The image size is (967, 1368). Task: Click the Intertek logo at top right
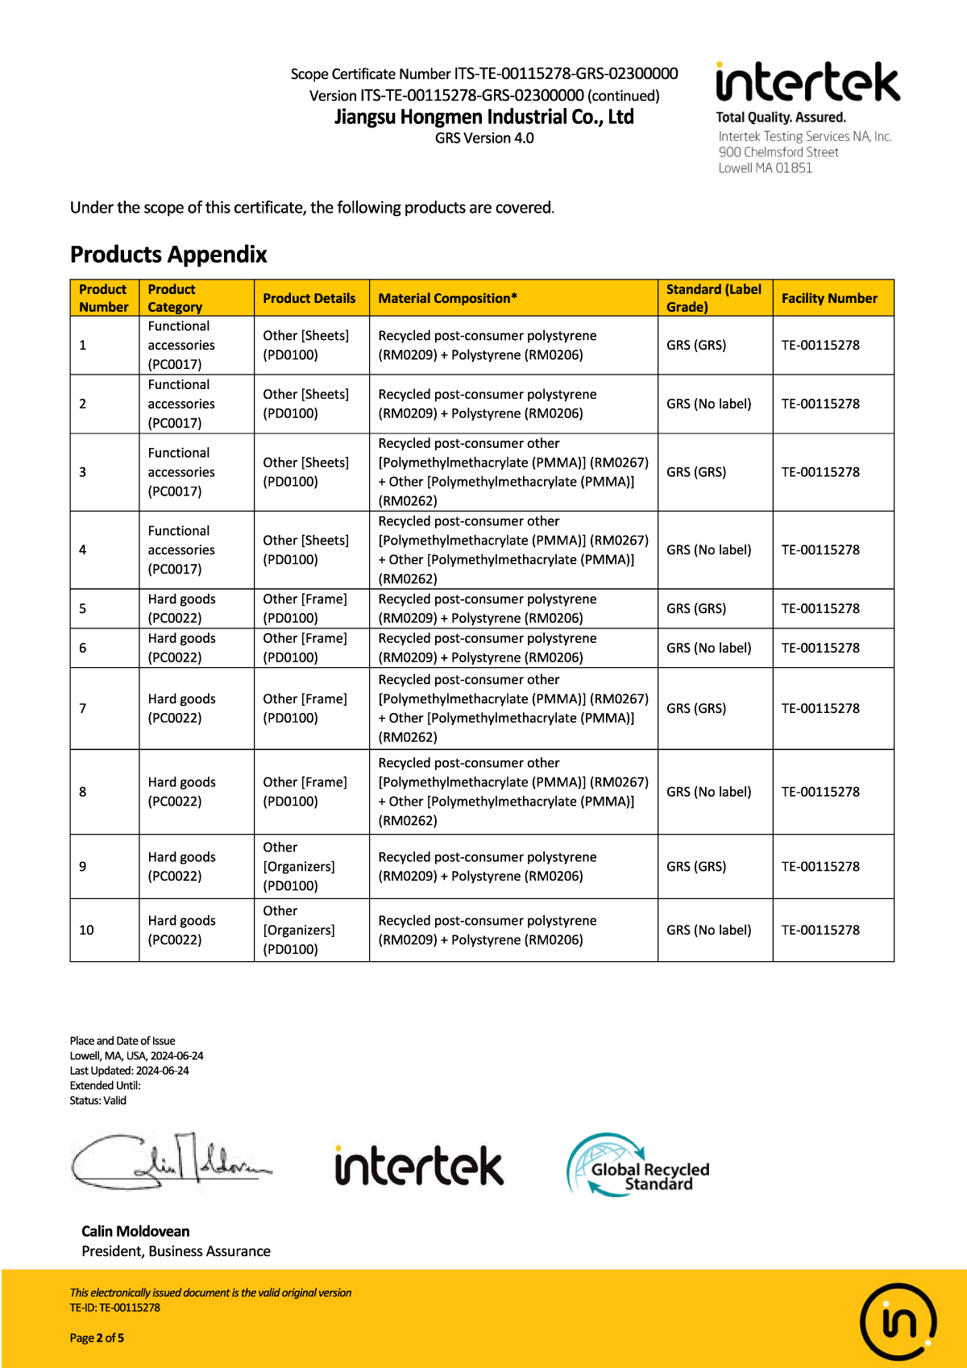[807, 82]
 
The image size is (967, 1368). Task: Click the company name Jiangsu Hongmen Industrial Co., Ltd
[483, 117]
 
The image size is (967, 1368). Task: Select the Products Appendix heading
[168, 255]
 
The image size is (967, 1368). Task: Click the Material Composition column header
[447, 298]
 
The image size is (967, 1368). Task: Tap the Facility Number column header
[829, 298]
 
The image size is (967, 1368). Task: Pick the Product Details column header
[309, 298]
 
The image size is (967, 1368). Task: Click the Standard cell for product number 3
[696, 472]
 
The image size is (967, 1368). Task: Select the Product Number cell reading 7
[83, 708]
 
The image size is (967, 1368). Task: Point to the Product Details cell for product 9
[299, 866]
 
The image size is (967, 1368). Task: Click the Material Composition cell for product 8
[513, 792]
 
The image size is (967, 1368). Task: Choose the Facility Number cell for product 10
[820, 930]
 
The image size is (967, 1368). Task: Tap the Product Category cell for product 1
[181, 345]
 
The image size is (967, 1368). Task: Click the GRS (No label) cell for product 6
[708, 648]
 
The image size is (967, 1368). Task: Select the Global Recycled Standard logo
[638, 1166]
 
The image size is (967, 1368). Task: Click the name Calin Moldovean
[135, 1231]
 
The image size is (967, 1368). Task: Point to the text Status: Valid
[98, 1101]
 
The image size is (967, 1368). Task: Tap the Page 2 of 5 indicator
[97, 1338]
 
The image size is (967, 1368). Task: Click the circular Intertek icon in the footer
[898, 1322]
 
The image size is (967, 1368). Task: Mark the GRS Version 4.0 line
[484, 139]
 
